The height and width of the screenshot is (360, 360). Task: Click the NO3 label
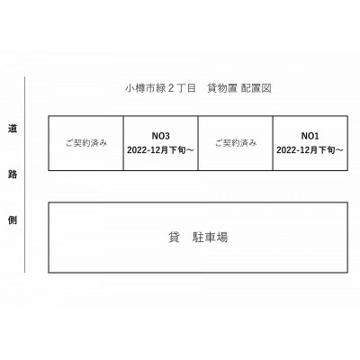[x=161, y=136]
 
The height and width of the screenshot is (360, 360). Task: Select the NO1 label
[x=310, y=136]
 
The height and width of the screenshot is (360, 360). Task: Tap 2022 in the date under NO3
[x=138, y=150]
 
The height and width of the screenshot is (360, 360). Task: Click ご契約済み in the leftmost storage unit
[x=86, y=143]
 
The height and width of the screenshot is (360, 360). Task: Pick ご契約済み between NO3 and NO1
[x=236, y=143]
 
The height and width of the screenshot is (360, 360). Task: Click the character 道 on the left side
[x=13, y=129]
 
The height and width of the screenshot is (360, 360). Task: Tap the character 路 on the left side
[x=13, y=175]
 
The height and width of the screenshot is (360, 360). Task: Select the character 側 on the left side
[x=13, y=220]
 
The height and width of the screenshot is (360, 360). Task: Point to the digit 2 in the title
[x=171, y=88]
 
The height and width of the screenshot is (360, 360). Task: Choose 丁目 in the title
[x=186, y=88]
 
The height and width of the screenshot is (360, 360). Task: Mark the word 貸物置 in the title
[x=222, y=88]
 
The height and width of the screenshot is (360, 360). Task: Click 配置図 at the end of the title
[x=256, y=88]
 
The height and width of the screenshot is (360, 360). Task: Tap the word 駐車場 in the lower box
[x=210, y=238]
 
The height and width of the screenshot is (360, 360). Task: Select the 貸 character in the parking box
[x=174, y=238]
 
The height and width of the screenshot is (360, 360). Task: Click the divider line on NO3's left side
[x=123, y=143]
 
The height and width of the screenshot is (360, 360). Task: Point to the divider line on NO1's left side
[x=273, y=143]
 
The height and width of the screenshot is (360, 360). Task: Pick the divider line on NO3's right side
[x=198, y=143]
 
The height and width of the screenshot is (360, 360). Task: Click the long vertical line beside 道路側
[x=25, y=175]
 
